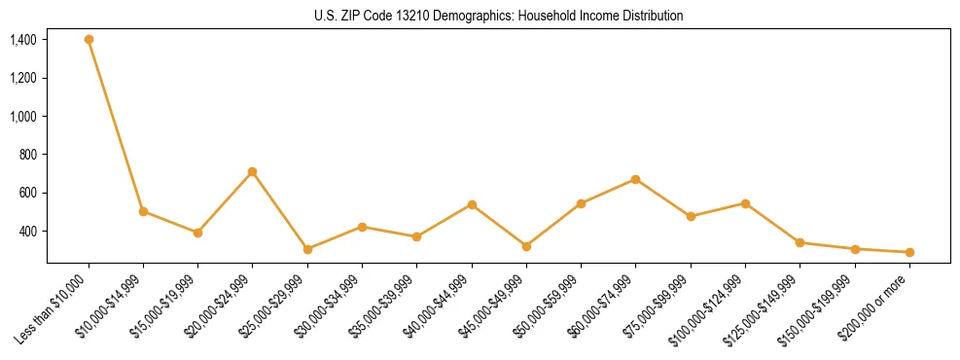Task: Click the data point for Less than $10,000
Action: pos(89,40)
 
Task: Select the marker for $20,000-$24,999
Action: pos(253,172)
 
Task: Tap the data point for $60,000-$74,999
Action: pos(635,179)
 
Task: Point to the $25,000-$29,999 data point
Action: pos(307,249)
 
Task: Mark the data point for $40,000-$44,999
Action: pos(472,204)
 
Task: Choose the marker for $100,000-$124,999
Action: pos(745,203)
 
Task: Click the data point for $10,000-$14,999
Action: pos(143,211)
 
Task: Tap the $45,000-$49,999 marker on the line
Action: pos(526,246)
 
